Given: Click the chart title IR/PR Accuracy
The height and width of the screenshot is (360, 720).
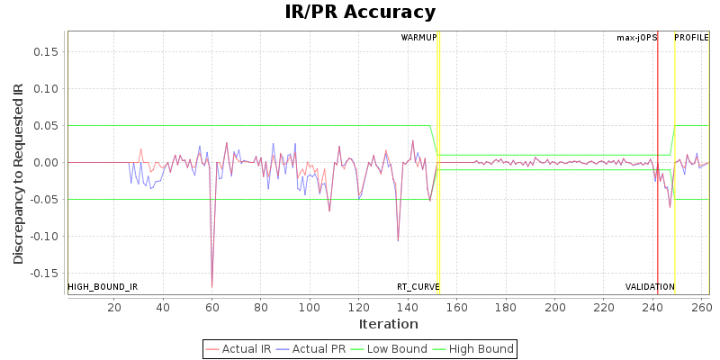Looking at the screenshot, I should [360, 13].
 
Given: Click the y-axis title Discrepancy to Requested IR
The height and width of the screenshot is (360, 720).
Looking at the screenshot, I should [19, 174].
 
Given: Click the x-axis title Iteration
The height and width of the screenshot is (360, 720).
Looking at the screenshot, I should [388, 324].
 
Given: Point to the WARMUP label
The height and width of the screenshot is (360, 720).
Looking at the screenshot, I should [418, 38].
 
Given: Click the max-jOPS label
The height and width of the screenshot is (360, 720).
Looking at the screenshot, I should [636, 38].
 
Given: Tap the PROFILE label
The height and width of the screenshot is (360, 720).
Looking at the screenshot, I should [691, 38].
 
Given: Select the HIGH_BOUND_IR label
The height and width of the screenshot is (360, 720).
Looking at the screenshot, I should [103, 287].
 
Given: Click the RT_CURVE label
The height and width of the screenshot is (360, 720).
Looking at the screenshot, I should [418, 287].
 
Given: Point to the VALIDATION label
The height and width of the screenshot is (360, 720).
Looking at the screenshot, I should [650, 287].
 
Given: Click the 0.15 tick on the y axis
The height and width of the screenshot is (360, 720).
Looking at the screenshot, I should [47, 51].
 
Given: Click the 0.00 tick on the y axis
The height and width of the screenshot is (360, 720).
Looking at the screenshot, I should [47, 163].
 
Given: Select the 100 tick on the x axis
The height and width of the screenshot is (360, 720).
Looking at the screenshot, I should [310, 306].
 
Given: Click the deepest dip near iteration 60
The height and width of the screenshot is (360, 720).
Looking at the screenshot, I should [212, 286].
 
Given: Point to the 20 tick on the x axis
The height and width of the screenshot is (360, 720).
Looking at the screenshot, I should [114, 306].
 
